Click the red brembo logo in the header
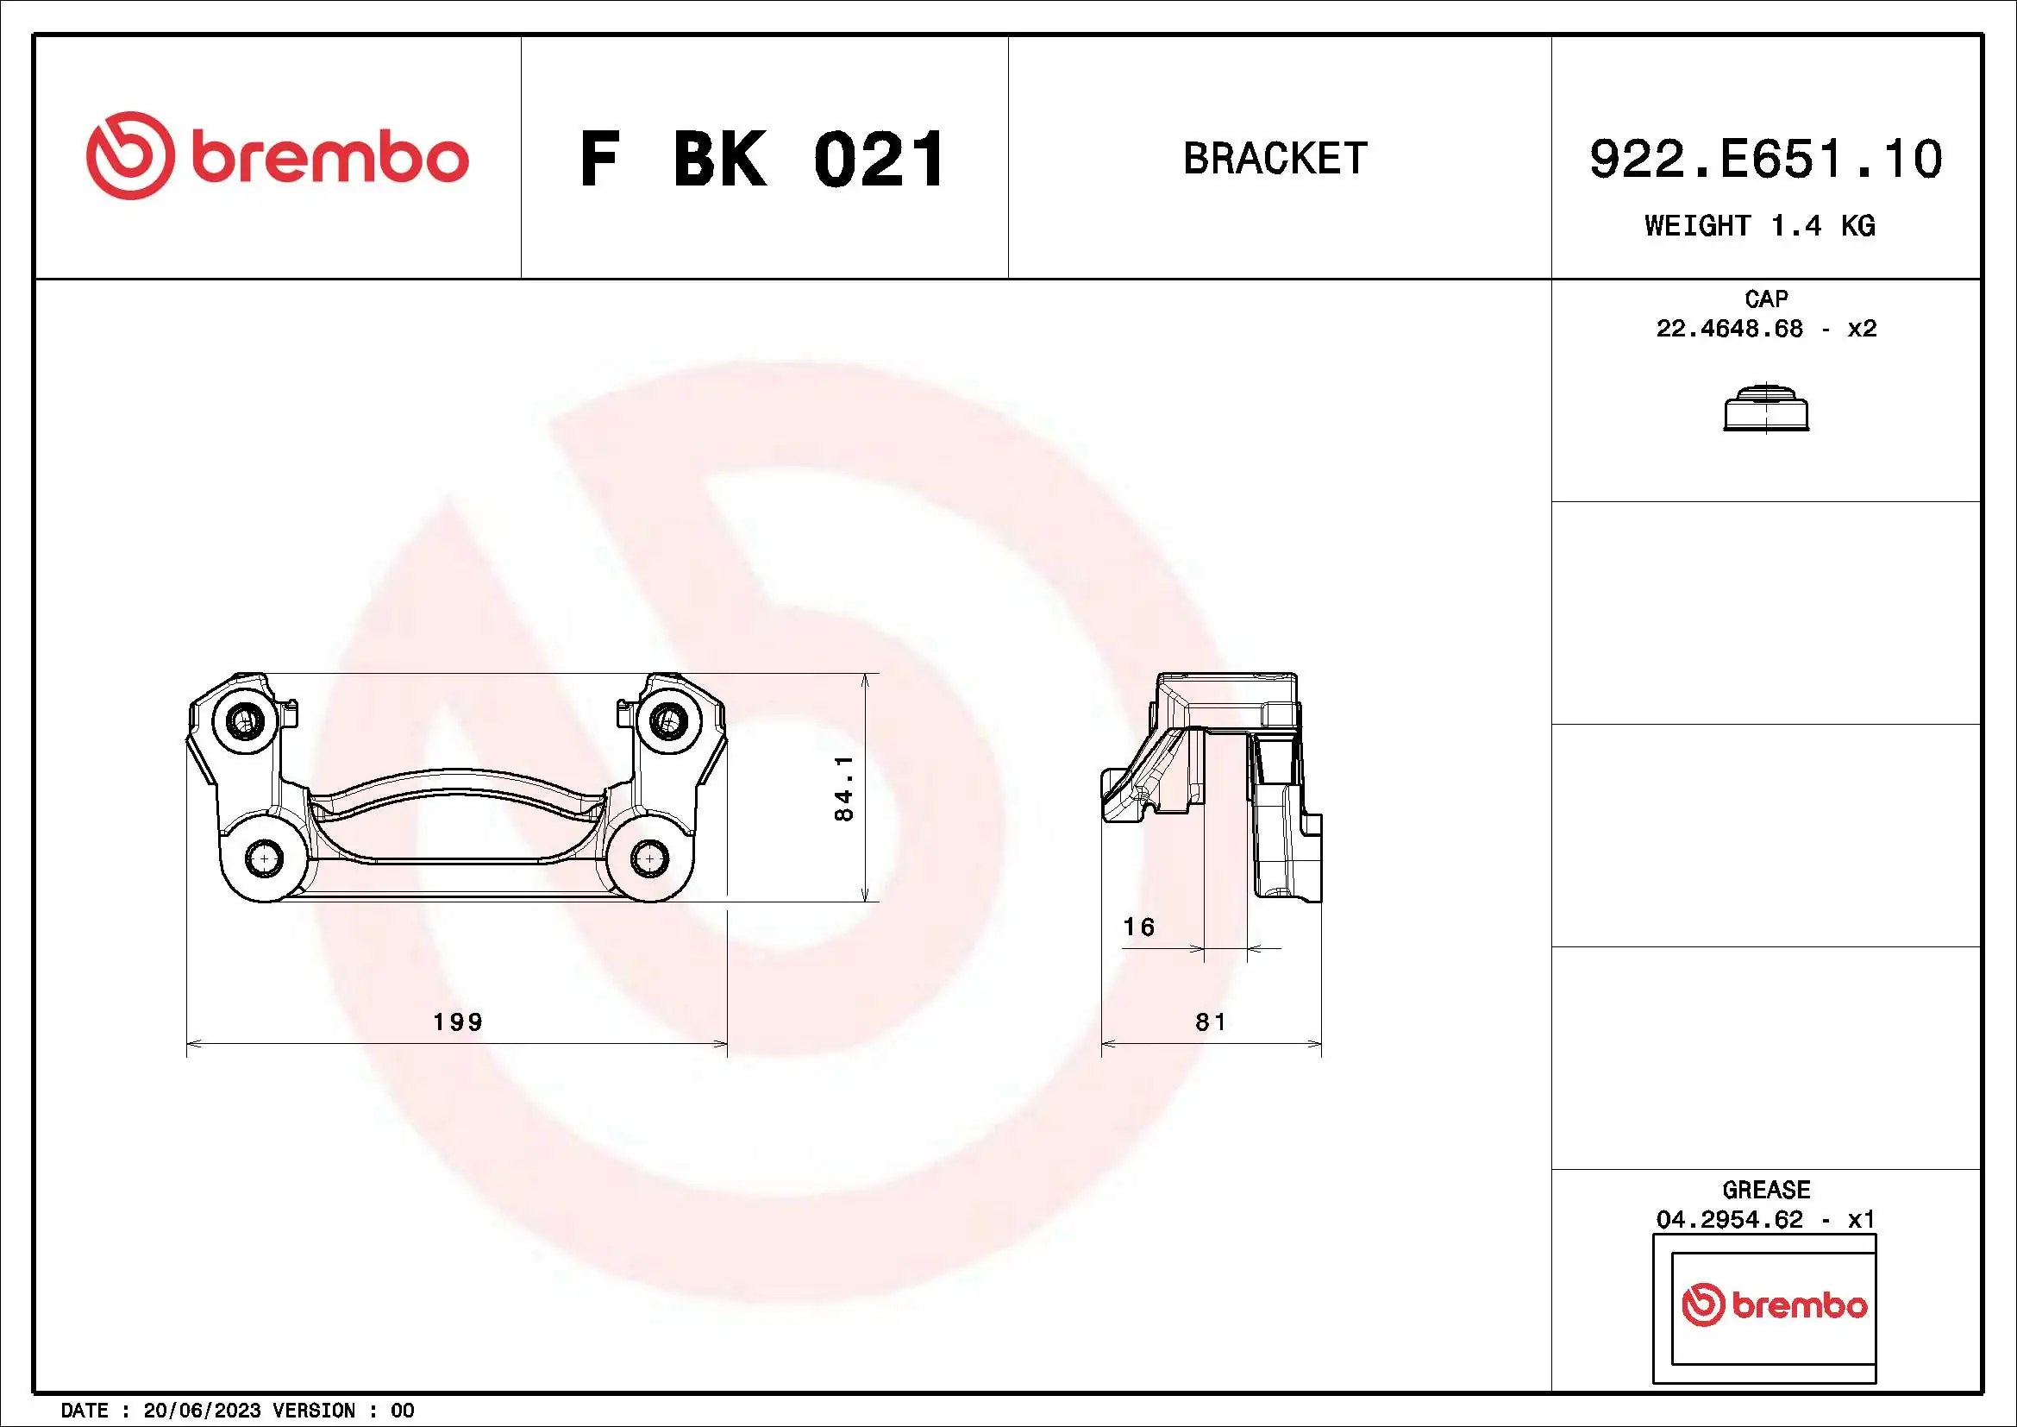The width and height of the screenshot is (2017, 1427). point(277,156)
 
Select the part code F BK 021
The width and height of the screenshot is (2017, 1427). point(761,160)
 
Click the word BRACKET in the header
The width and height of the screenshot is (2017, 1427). point(1275,159)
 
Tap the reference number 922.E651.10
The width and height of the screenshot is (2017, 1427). point(1766,159)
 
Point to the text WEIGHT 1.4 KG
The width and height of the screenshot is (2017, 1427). point(1760,226)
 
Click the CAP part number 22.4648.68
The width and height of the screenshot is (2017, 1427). point(1729,329)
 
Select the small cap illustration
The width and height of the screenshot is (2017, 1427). point(1766,410)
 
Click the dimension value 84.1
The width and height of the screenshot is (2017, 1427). point(843,789)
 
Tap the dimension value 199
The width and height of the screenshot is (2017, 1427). point(458,1022)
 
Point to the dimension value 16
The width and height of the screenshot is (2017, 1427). point(1138,927)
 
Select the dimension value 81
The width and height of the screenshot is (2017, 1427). point(1210,1022)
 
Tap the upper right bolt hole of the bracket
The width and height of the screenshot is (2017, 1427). point(667,720)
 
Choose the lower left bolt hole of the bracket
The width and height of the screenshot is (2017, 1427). point(264,858)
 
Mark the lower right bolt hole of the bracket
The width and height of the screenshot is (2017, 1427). point(648,858)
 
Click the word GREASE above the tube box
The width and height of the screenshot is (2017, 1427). point(1766,1190)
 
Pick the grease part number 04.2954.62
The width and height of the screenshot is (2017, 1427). point(1729,1220)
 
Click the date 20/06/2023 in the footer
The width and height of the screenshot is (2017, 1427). point(201,1411)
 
